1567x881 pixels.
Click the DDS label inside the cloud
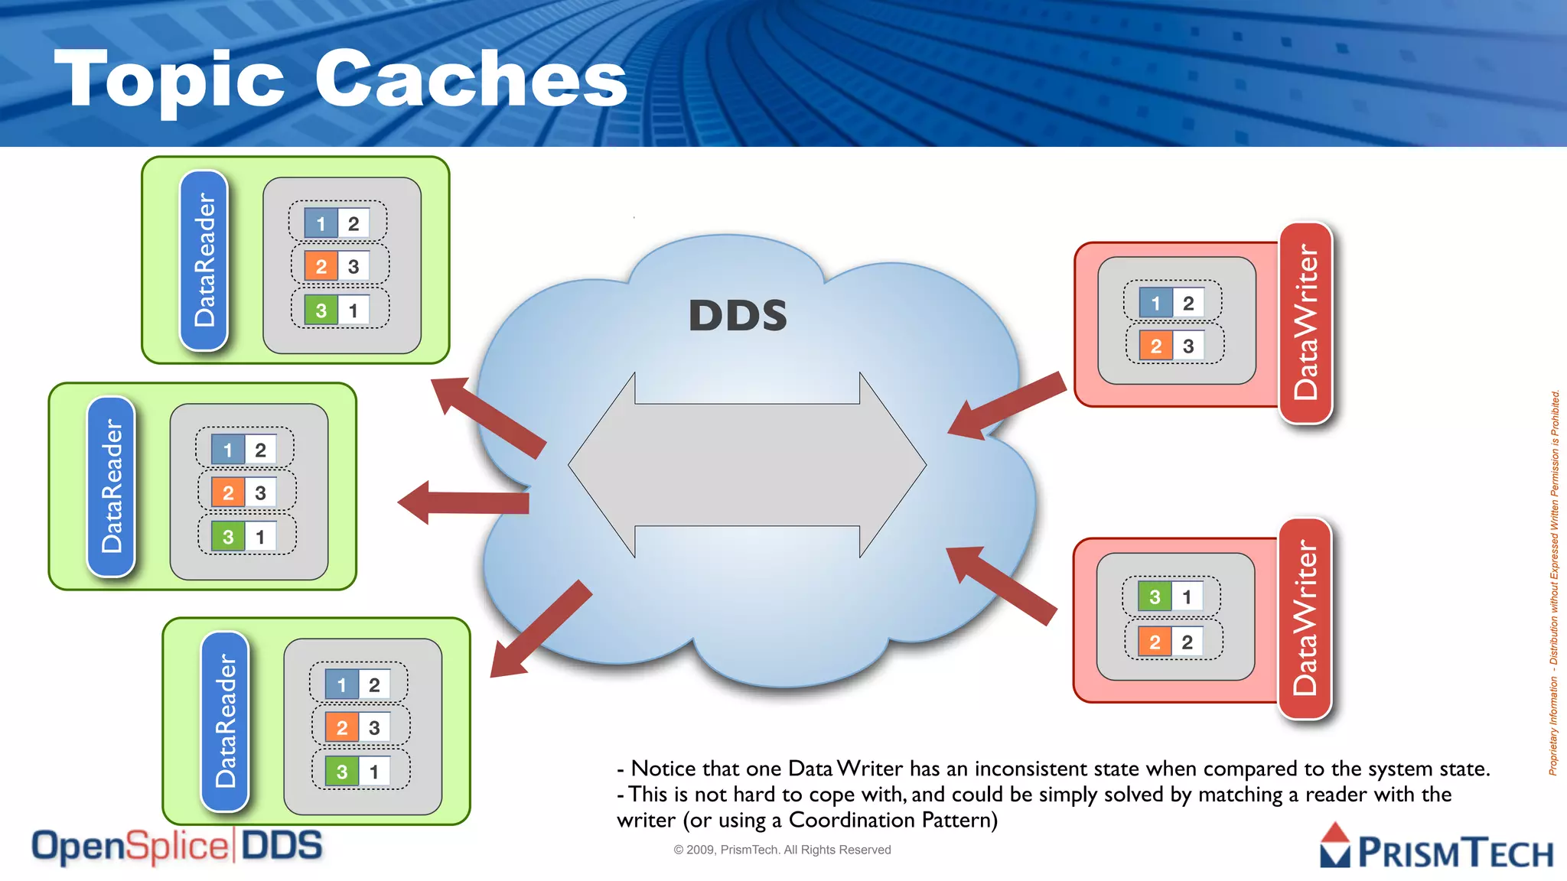(x=738, y=315)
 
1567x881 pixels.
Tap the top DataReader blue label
(x=204, y=260)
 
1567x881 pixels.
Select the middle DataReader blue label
(x=112, y=486)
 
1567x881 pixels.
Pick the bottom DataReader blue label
(x=225, y=721)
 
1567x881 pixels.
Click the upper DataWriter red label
(x=1306, y=323)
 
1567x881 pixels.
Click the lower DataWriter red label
(x=1305, y=618)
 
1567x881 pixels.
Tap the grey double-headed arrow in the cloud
(x=747, y=465)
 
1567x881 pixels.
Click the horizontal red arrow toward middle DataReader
(x=463, y=502)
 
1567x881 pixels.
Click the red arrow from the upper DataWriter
(x=1007, y=406)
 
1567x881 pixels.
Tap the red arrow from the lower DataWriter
(x=1002, y=585)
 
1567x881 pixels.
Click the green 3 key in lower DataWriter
(x=1155, y=597)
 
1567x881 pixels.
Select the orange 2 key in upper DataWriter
(x=1155, y=346)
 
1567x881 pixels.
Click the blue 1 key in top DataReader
(x=321, y=224)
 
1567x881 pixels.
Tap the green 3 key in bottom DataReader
(x=341, y=772)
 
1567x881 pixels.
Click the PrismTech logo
(x=1436, y=849)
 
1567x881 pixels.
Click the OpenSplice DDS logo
(x=177, y=847)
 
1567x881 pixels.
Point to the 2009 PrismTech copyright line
(x=782, y=850)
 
